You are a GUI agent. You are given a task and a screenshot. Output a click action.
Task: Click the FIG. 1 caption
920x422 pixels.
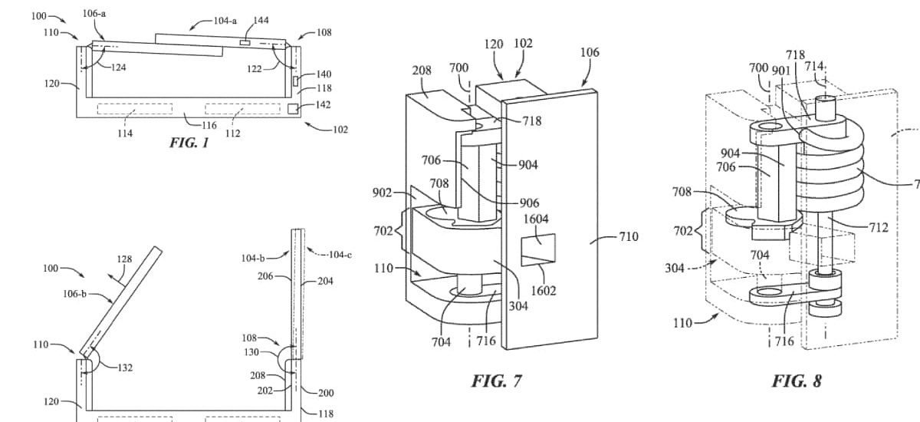(189, 143)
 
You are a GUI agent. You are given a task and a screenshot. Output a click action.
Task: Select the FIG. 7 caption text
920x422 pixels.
(496, 381)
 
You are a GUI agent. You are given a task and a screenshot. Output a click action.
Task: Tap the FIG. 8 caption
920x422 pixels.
(797, 381)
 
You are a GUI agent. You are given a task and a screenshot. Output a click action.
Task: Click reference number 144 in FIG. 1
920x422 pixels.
(261, 20)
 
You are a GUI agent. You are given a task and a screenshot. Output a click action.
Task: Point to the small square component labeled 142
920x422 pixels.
(292, 109)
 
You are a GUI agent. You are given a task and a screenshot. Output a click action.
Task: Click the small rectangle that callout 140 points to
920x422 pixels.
(295, 81)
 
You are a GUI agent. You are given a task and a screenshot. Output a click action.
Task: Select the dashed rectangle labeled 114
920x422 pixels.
(135, 109)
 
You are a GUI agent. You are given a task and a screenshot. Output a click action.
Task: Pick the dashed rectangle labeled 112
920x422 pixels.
(243, 109)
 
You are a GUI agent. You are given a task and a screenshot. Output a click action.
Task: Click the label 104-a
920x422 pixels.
(225, 21)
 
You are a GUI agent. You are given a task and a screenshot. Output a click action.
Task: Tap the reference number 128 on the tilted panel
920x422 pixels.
(124, 259)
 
